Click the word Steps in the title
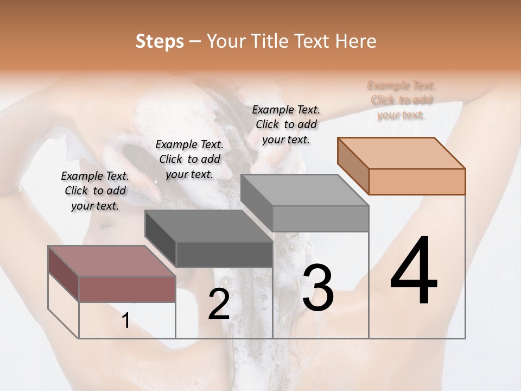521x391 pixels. click(160, 41)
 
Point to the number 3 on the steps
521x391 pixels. click(317, 288)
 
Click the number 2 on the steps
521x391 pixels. click(219, 304)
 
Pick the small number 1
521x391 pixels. click(125, 321)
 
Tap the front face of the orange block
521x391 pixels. click(417, 181)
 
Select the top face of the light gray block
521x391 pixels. click(304, 190)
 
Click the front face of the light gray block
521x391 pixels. click(320, 218)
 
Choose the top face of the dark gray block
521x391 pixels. click(208, 226)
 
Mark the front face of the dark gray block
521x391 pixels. click(224, 254)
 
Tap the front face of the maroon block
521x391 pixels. click(128, 289)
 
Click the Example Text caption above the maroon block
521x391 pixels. click(95, 191)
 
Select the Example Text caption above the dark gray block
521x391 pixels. click(189, 159)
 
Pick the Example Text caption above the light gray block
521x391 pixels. click(286, 124)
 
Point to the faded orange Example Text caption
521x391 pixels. click(402, 100)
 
